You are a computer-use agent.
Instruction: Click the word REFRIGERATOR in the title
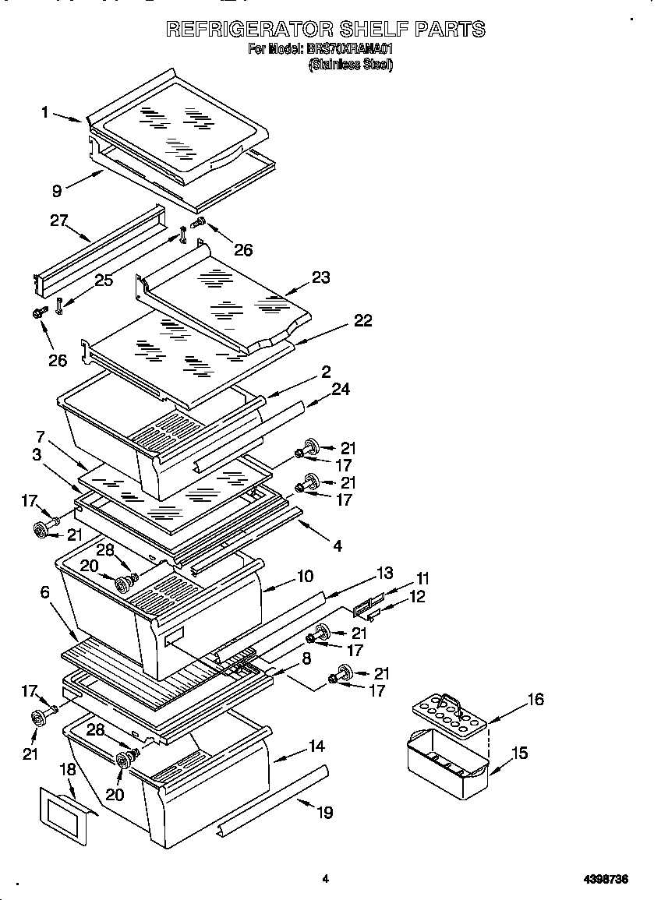coord(249,30)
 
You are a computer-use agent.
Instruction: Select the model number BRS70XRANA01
coord(350,49)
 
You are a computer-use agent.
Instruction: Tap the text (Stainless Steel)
coord(350,65)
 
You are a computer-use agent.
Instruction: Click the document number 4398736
coord(606,880)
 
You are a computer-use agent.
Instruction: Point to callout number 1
coord(45,112)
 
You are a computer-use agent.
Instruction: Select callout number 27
coord(58,221)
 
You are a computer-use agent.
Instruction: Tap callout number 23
coord(321,277)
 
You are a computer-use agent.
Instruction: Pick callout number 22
coord(362,320)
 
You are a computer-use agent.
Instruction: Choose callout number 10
coord(304,577)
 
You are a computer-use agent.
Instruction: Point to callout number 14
coord(316,746)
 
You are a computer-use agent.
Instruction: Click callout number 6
coord(45,593)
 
